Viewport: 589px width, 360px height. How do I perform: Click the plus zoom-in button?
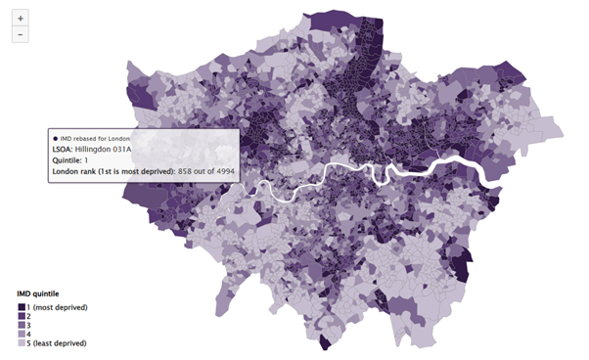click(x=21, y=18)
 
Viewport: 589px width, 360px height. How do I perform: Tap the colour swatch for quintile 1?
click(x=22, y=307)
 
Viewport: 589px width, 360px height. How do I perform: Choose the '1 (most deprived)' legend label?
click(x=59, y=307)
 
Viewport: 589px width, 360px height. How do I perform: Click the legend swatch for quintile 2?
click(x=22, y=317)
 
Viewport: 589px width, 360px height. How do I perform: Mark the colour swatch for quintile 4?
click(x=22, y=335)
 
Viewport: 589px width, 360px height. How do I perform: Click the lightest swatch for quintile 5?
click(x=22, y=344)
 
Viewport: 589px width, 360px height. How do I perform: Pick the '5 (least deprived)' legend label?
click(x=60, y=344)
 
